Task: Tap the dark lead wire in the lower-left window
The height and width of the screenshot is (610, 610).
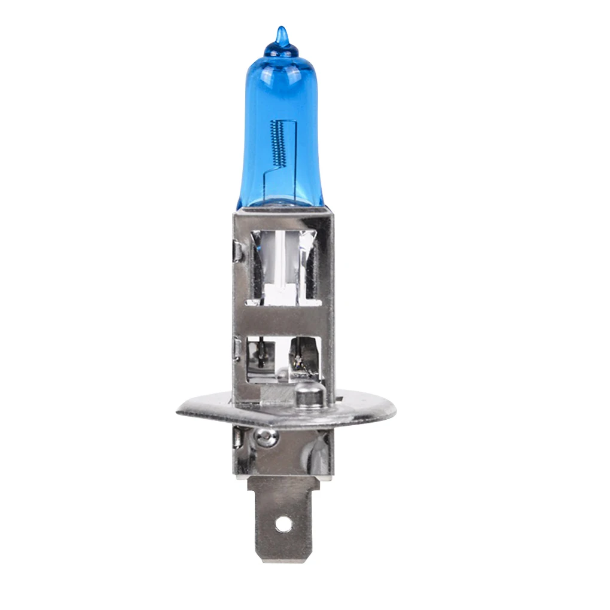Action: pos(261,354)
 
